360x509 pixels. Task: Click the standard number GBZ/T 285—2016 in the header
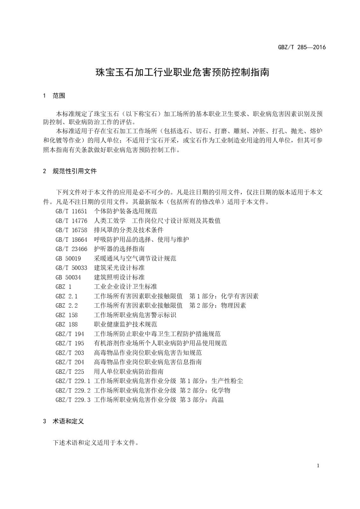click(x=302, y=47)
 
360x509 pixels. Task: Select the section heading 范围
click(x=59, y=96)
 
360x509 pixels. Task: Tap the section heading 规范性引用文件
click(x=74, y=171)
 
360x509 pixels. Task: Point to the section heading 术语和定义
click(x=68, y=421)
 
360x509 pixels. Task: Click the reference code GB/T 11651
click(x=71, y=211)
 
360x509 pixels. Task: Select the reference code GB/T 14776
click(x=71, y=221)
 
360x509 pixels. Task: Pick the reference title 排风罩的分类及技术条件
click(x=128, y=230)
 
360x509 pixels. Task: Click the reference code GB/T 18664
click(x=71, y=240)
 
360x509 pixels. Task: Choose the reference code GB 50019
click(x=68, y=258)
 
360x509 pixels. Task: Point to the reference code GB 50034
click(x=68, y=277)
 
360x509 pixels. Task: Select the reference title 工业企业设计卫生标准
click(x=125, y=287)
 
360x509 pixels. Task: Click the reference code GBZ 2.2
click(x=66, y=305)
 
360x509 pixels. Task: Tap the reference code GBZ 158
click(x=66, y=315)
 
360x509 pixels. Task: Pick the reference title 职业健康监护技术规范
click(x=125, y=324)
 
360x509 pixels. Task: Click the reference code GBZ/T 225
click(x=70, y=372)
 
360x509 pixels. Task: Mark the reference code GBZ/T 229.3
click(x=73, y=400)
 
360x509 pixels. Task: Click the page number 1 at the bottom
click(x=318, y=466)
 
